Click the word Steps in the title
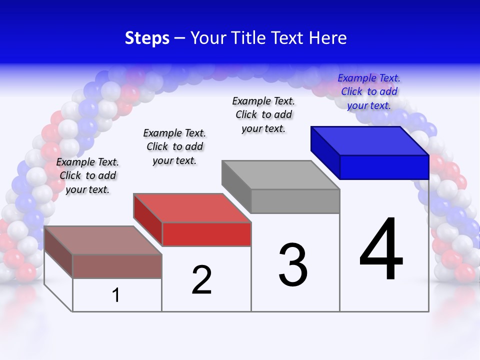pyautogui.click(x=147, y=38)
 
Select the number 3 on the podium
pyautogui.click(x=293, y=265)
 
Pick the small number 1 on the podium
pyautogui.click(x=116, y=295)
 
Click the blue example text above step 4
pyautogui.click(x=369, y=91)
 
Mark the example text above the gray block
pyautogui.click(x=263, y=114)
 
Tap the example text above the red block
pyautogui.click(x=174, y=146)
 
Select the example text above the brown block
pyautogui.click(x=87, y=175)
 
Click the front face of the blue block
pyautogui.click(x=384, y=167)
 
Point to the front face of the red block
pyautogui.click(x=206, y=234)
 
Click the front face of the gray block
pyautogui.click(x=295, y=201)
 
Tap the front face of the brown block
pyautogui.click(x=117, y=266)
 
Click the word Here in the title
pyautogui.click(x=328, y=38)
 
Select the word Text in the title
pyautogui.click(x=289, y=38)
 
